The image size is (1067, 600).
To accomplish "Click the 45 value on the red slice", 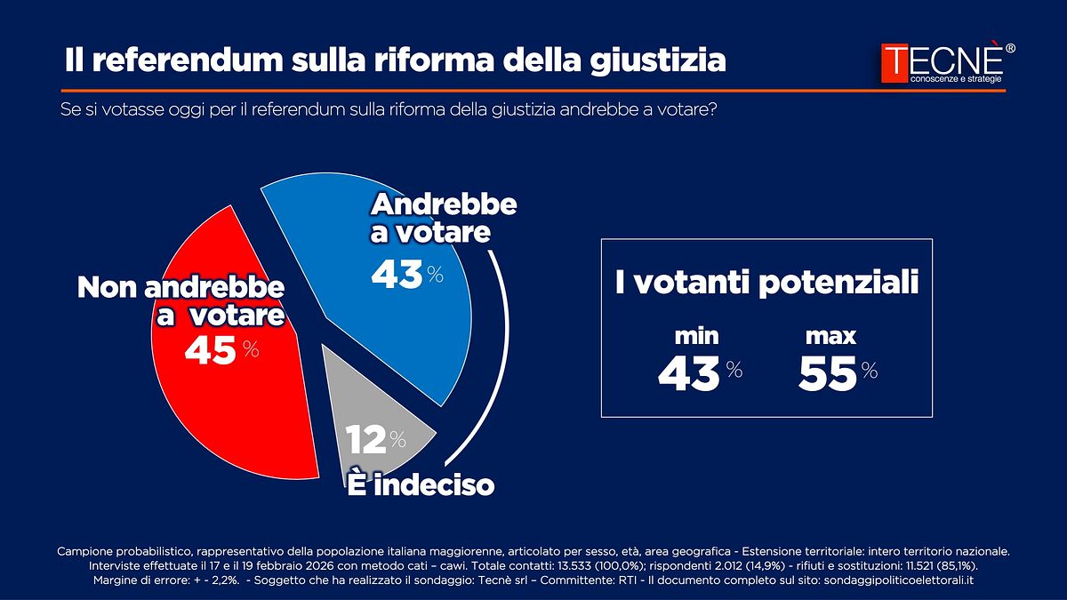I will click(211, 351).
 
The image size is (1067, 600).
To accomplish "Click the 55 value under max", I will click(827, 373).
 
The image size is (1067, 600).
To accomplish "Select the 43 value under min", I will click(688, 374).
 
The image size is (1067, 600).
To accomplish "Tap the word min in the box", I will click(697, 336).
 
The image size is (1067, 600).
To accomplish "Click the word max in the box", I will click(830, 336).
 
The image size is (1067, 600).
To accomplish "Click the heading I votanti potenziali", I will click(766, 284).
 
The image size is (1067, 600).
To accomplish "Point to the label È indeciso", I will click(421, 485).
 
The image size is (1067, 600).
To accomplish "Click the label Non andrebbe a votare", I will click(181, 302).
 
